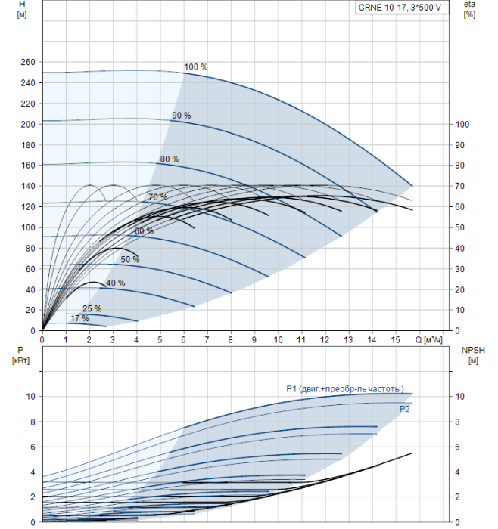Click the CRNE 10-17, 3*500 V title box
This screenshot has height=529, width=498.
(402, 8)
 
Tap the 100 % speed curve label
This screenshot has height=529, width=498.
(195, 67)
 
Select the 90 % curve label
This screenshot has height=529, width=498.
(182, 116)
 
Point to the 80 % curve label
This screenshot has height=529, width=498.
(170, 159)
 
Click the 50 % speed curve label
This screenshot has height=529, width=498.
(130, 259)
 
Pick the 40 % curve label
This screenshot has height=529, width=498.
(116, 283)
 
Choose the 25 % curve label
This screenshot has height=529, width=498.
(92, 308)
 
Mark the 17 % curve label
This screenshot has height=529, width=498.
(79, 318)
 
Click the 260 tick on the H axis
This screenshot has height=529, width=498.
(28, 62)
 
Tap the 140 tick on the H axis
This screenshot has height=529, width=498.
(28, 186)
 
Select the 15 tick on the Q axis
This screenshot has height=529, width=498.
(396, 339)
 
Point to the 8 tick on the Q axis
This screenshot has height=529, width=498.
(230, 339)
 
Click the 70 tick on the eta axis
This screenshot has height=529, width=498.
(459, 186)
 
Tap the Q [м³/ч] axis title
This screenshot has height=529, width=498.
(428, 339)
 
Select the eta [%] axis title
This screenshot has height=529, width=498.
(470, 9)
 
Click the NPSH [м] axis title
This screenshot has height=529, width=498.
(473, 355)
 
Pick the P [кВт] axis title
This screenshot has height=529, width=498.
(20, 355)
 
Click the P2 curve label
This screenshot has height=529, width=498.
(404, 409)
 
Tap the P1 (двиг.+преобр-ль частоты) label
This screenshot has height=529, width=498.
(345, 389)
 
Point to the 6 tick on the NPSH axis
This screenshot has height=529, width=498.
(457, 447)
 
